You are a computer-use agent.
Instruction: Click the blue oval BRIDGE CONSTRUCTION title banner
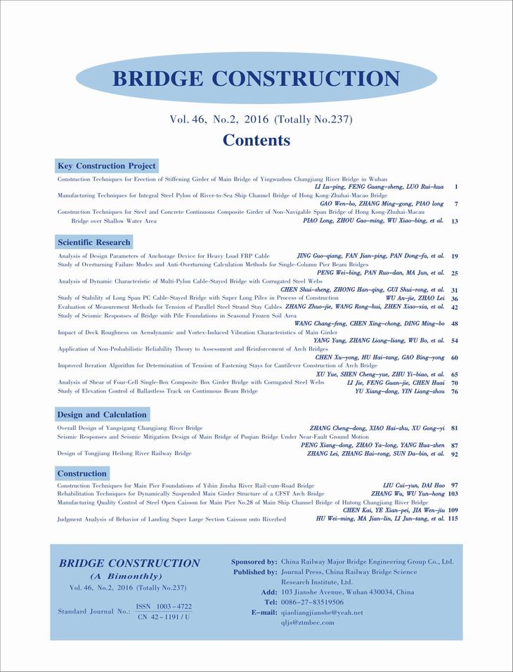pyautogui.click(x=256, y=78)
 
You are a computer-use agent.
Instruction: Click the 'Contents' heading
pyautogui.click(x=256, y=140)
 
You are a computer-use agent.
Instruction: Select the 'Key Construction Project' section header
pyautogui.click(x=107, y=166)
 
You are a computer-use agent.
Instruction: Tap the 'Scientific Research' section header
pyautogui.click(x=93, y=242)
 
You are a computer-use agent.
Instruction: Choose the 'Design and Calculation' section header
pyautogui.click(x=102, y=414)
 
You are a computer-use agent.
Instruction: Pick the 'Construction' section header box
pyautogui.click(x=82, y=474)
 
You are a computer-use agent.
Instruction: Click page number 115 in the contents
pyautogui.click(x=453, y=519)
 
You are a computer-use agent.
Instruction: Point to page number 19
pyautogui.click(x=455, y=256)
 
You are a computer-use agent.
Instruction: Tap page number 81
pyautogui.click(x=455, y=428)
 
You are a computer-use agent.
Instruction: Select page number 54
pyautogui.click(x=455, y=340)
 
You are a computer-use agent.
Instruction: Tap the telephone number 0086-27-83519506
pyautogui.click(x=312, y=602)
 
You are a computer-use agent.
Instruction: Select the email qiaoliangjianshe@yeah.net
pyautogui.click(x=322, y=612)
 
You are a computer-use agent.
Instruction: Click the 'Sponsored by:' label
pyautogui.click(x=254, y=562)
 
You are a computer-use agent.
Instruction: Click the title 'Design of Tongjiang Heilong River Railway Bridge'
pyautogui.click(x=124, y=454)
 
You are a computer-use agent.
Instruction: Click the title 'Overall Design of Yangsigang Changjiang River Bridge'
pyautogui.click(x=130, y=428)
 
